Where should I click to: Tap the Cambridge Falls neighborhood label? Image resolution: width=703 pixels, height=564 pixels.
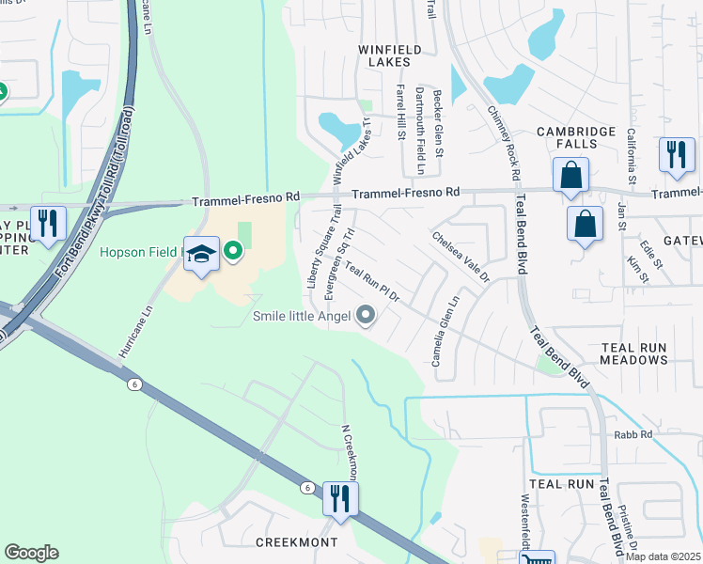pyautogui.click(x=576, y=137)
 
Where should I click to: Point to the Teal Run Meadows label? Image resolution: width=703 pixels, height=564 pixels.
pyautogui.click(x=647, y=353)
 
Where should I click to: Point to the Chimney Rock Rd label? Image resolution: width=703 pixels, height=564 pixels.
pyautogui.click(x=503, y=142)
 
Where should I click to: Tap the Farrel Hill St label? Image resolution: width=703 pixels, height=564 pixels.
pyautogui.click(x=401, y=112)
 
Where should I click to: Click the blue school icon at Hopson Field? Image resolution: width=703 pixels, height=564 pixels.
pyautogui.click(x=201, y=256)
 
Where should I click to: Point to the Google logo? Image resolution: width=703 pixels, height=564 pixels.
pyautogui.click(x=31, y=553)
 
